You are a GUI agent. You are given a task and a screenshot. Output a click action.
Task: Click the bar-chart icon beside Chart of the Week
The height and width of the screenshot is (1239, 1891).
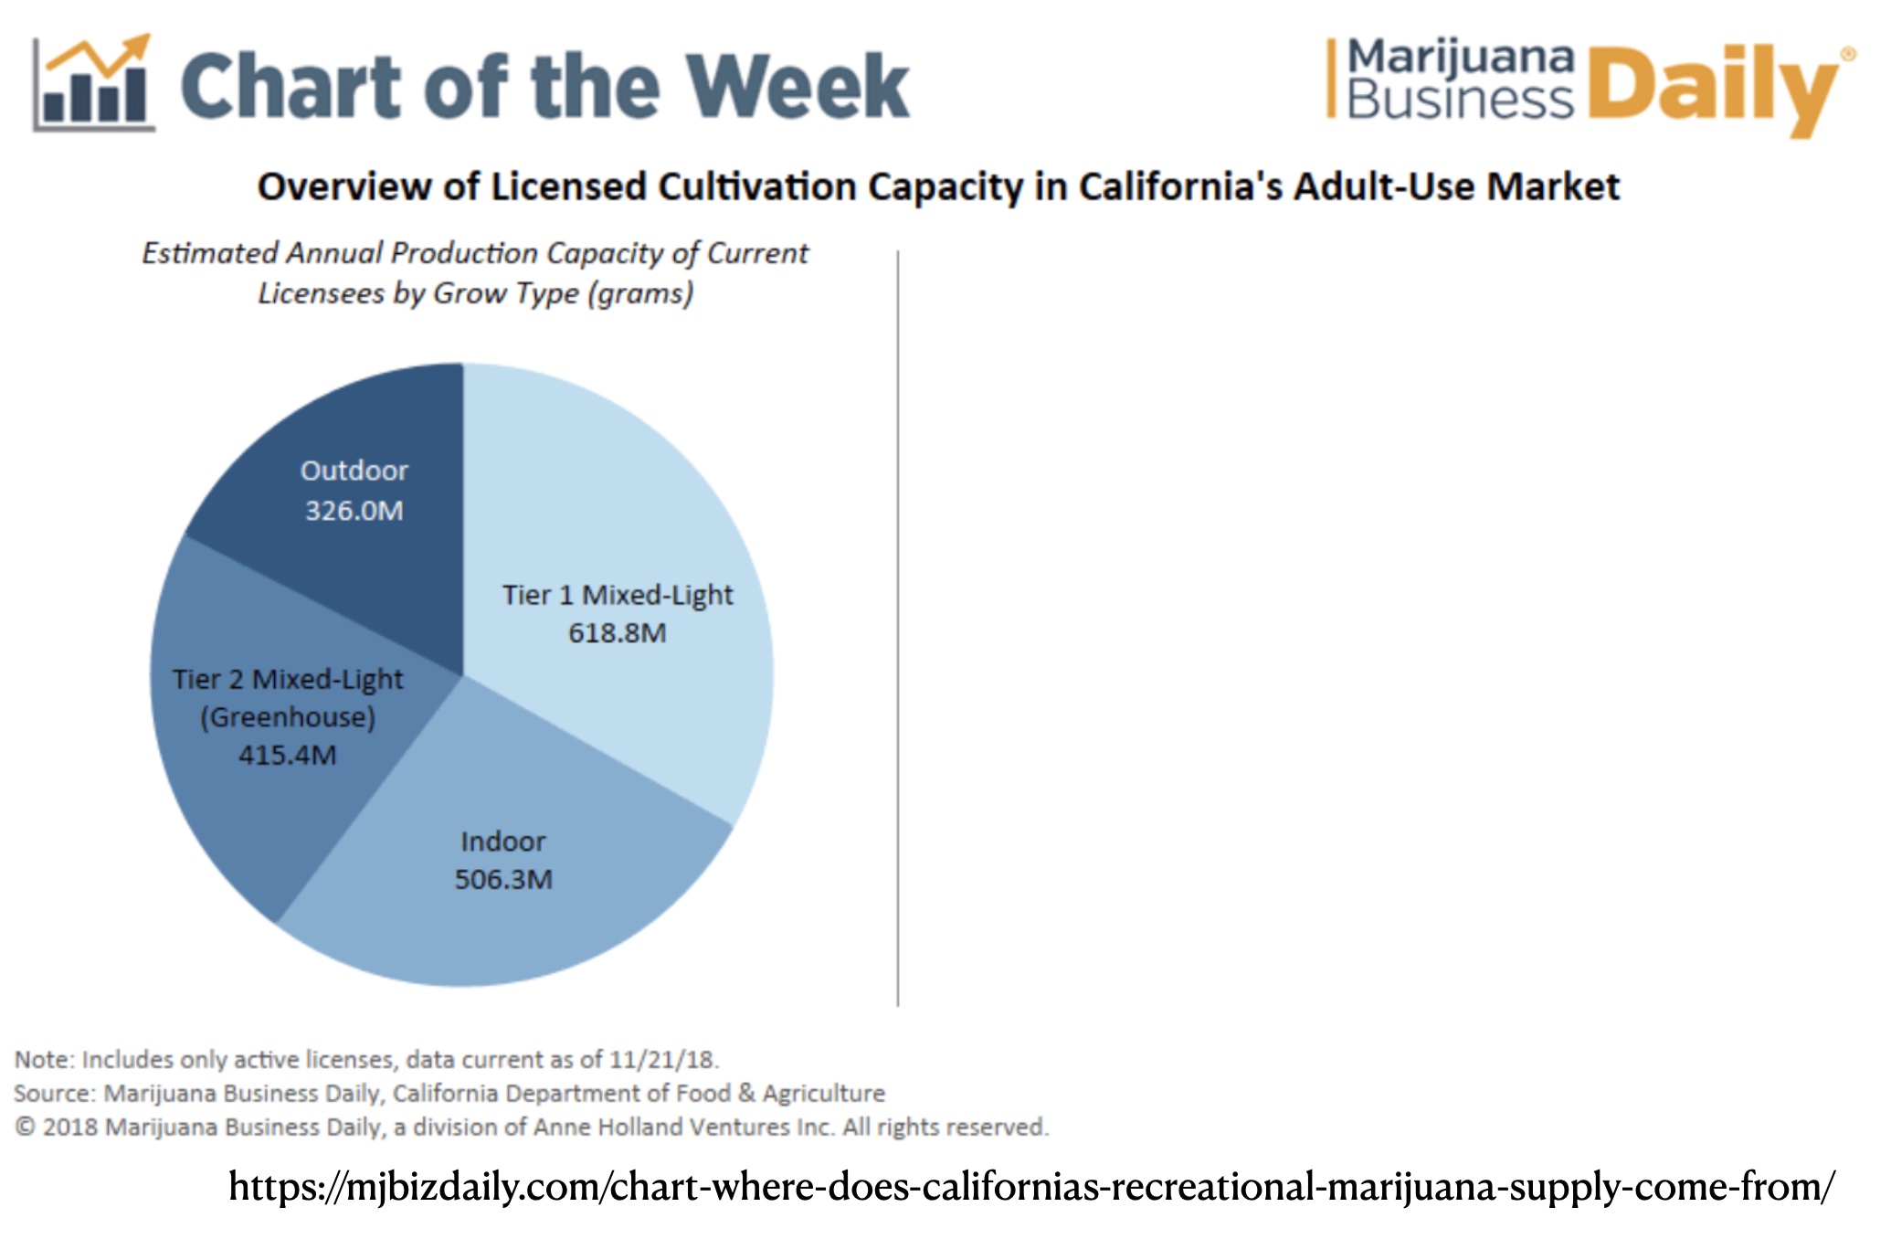coord(94,84)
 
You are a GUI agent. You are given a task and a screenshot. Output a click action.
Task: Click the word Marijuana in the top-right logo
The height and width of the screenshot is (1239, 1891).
coord(1461,58)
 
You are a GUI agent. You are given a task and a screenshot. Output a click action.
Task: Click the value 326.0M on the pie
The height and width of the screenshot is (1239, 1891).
coord(354,510)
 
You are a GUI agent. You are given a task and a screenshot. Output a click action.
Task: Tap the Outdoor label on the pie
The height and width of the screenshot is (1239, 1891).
coord(354,471)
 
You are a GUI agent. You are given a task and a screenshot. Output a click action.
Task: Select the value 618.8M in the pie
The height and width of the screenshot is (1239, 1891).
coord(618,632)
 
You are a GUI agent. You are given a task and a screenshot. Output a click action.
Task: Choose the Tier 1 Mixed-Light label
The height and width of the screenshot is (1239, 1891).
coord(618,595)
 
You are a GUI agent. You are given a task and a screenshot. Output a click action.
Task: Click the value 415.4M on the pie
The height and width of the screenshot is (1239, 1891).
coord(288,755)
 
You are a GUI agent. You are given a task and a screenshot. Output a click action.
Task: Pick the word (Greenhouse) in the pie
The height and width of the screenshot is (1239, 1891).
coord(288,717)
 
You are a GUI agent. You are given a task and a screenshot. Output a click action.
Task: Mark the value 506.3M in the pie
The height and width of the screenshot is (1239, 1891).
coord(503,879)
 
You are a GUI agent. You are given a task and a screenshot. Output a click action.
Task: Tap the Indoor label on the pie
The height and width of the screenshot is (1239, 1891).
coord(503,842)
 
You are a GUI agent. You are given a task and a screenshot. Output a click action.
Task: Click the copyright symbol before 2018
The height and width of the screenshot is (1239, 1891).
coord(26,1128)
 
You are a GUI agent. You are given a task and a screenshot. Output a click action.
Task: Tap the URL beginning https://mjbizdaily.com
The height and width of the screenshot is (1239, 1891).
coord(1031,1187)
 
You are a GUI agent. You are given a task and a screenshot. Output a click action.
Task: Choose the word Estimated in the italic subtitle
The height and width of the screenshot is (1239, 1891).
coord(210,253)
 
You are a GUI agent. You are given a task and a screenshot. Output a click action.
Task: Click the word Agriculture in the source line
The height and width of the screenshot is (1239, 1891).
coord(824,1094)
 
